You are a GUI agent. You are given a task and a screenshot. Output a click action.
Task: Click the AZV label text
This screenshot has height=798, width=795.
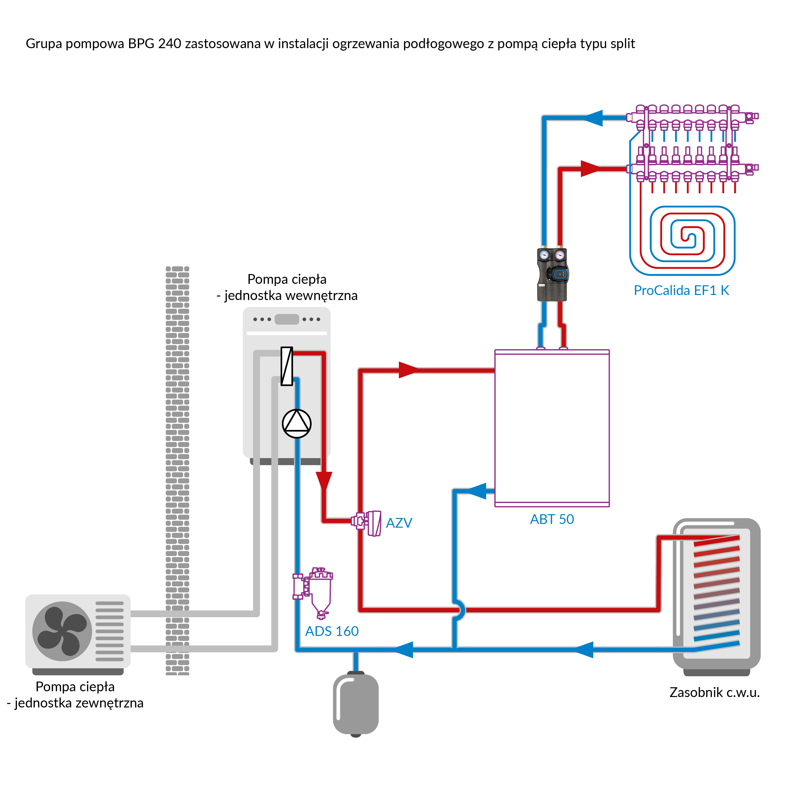click(x=399, y=523)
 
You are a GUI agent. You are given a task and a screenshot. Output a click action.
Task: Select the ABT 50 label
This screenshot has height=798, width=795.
click(x=552, y=519)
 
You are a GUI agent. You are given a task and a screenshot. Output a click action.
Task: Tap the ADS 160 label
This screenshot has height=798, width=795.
click(x=332, y=631)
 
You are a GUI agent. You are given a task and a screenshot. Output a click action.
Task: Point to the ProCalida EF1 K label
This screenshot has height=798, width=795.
click(x=681, y=290)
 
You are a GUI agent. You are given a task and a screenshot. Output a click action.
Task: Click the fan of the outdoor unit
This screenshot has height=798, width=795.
click(x=62, y=631)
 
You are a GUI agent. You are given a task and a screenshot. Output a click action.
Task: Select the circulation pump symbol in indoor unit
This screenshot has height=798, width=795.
click(x=296, y=423)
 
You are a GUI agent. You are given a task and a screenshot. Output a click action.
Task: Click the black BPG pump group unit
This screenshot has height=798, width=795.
click(x=552, y=274)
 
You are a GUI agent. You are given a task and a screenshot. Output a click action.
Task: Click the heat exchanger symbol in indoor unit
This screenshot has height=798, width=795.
click(x=287, y=366)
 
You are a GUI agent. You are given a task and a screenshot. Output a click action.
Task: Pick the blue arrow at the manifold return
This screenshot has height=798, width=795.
click(x=594, y=118)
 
